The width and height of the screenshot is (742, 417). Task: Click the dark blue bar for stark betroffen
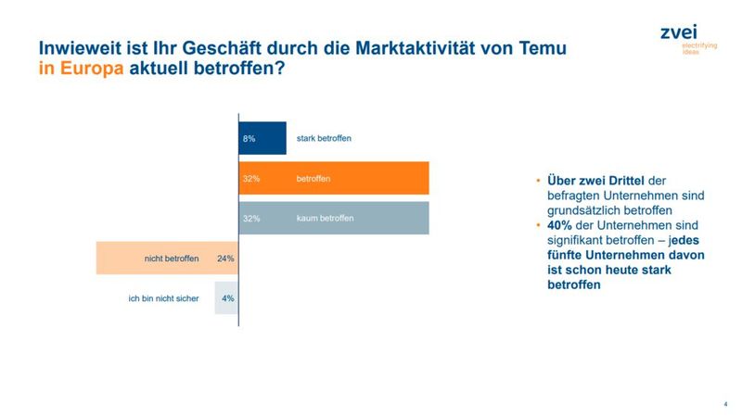pos(262,138)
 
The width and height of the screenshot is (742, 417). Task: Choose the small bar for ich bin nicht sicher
pos(226,298)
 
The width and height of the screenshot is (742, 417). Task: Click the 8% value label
pos(249,138)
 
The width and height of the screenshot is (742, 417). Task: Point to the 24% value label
pos(224,259)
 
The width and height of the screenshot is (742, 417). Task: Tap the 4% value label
pos(227,298)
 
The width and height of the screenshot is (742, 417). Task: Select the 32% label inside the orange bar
pos(251,178)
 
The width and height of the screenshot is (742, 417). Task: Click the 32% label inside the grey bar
pos(251,219)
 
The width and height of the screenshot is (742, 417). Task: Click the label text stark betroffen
pos(324,138)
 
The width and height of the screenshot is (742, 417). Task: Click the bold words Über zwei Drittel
pos(589,180)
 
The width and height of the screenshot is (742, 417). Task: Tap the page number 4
pos(725,403)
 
